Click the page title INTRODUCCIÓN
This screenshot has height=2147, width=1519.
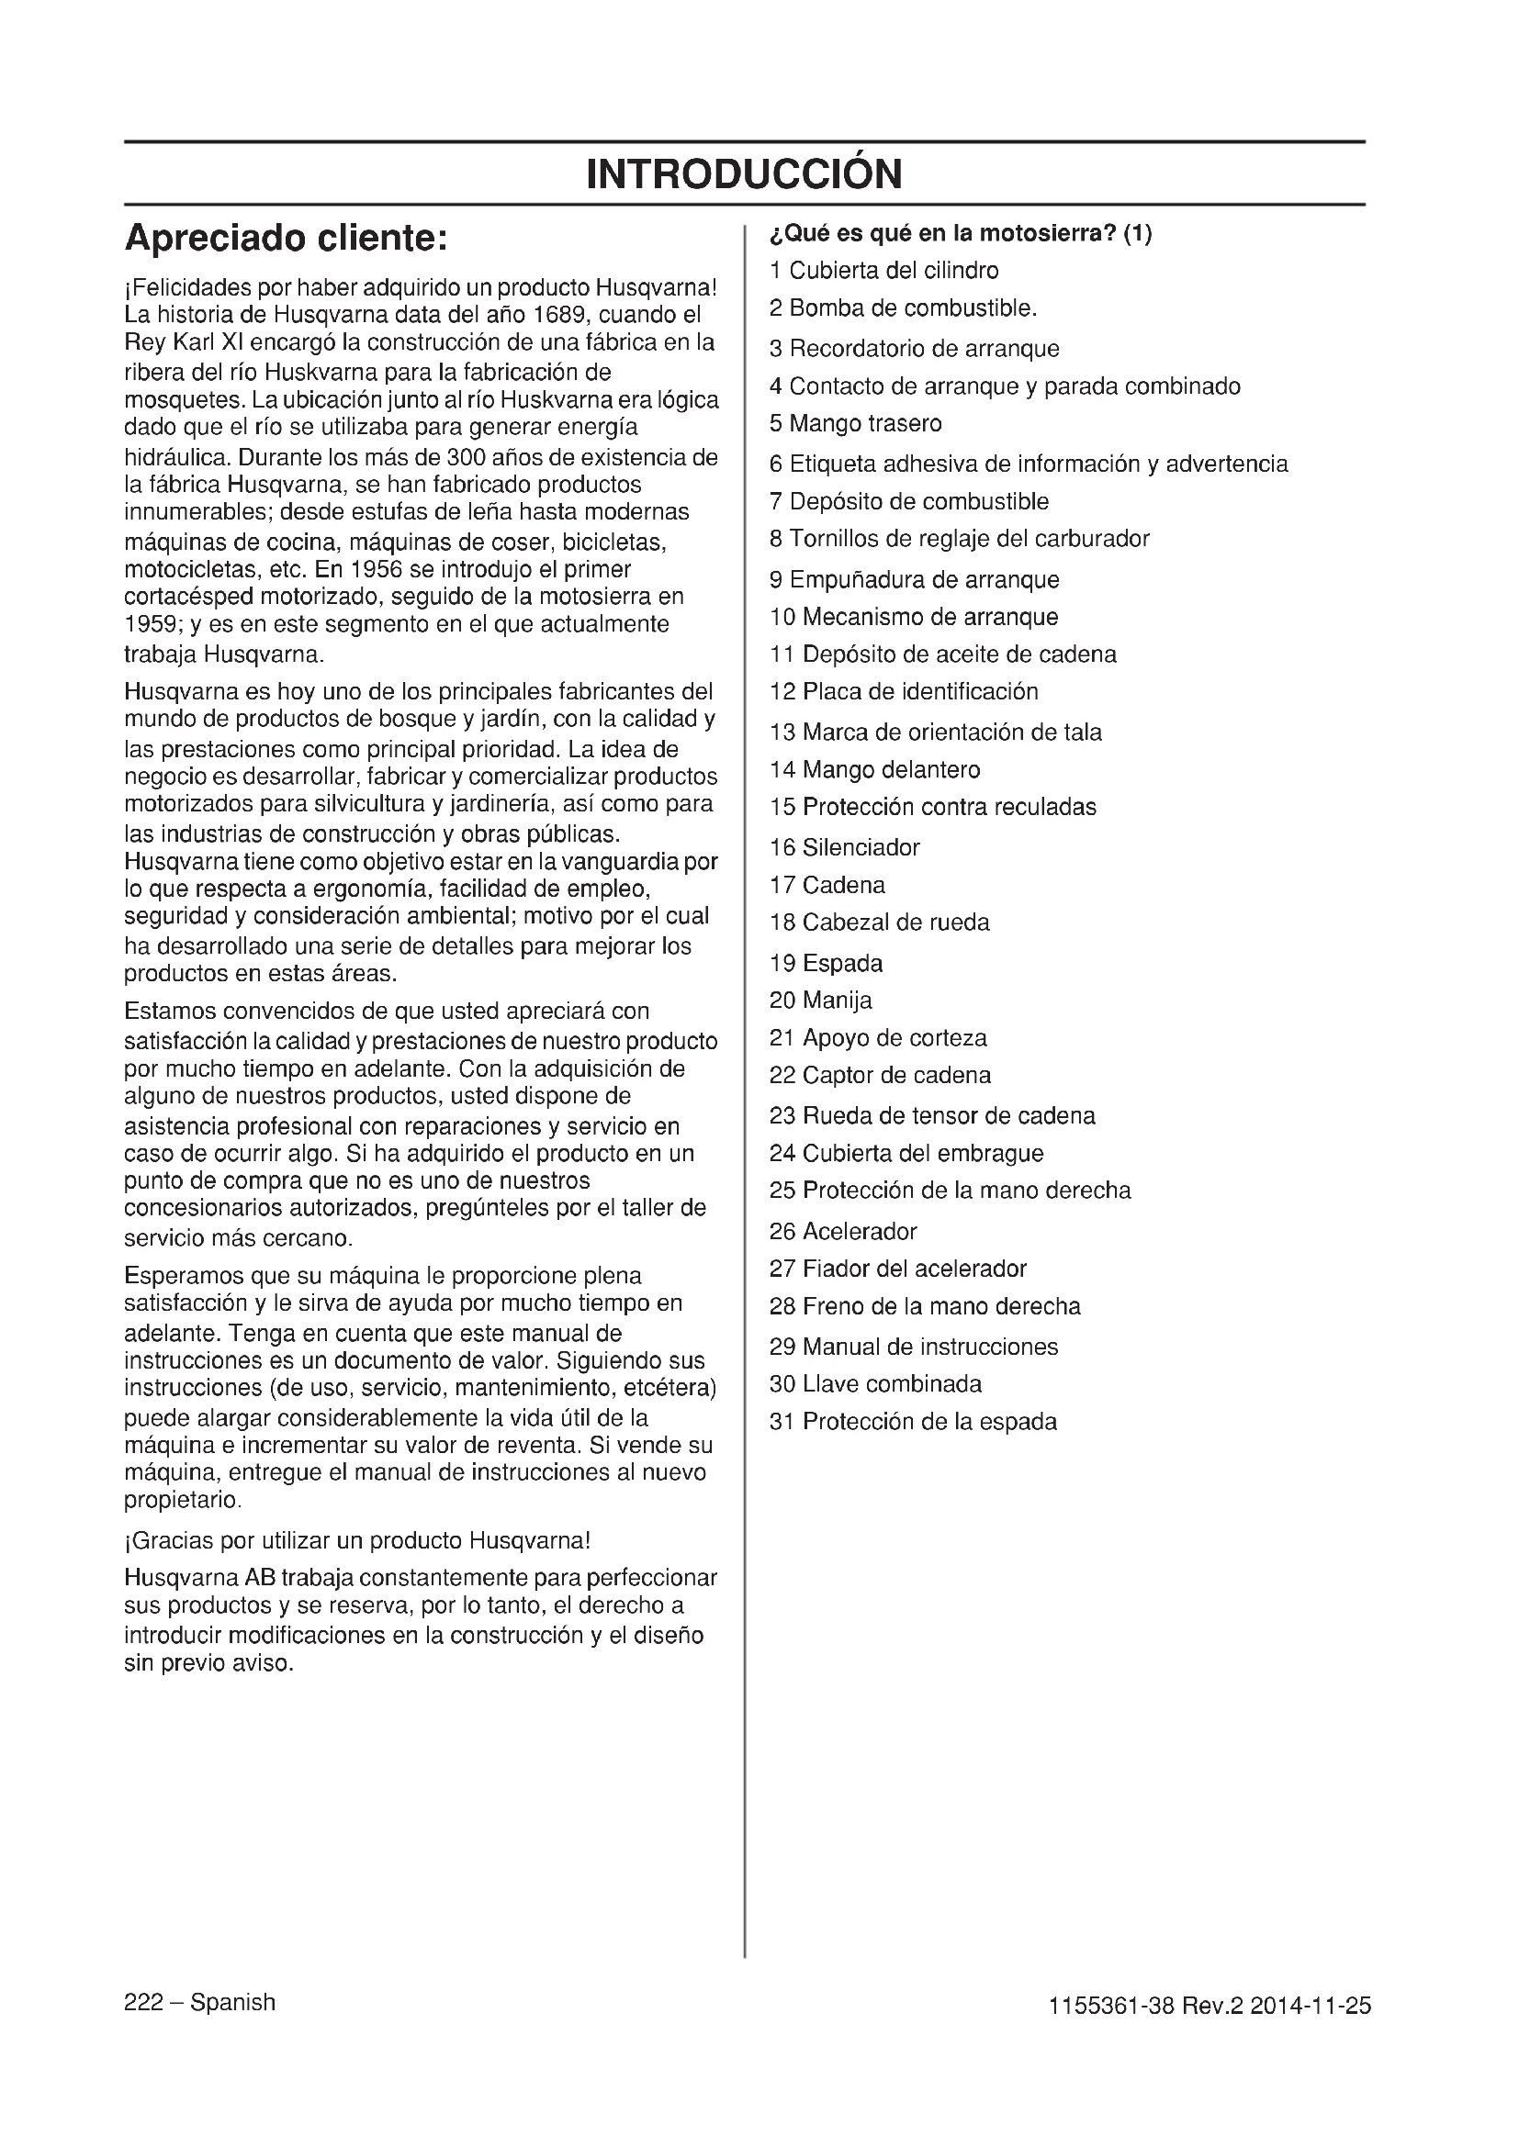coord(745,173)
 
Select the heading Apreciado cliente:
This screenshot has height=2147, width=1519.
coord(287,239)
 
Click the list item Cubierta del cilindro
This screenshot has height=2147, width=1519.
coord(883,271)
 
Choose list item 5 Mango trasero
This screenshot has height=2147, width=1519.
coord(855,423)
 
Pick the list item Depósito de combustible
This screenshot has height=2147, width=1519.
coord(908,501)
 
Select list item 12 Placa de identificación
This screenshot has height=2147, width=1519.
coord(904,692)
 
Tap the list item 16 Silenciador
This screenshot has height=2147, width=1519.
coord(845,848)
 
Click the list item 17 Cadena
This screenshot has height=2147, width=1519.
coord(827,886)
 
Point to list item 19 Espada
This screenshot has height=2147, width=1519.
coord(826,963)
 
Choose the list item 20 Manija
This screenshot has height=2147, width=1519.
coord(820,1001)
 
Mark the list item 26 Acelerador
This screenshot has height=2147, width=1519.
coord(843,1232)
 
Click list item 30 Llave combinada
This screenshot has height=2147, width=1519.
coord(875,1384)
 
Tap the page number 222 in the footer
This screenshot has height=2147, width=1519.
coord(143,2003)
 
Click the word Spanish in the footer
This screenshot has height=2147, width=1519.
coord(232,2003)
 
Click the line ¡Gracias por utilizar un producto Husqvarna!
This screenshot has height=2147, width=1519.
coord(357,1540)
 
